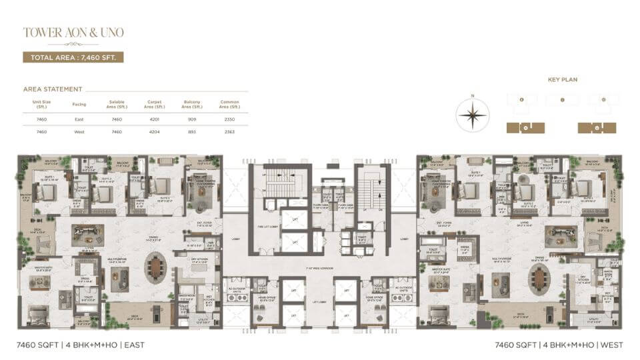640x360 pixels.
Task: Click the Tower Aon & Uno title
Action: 73,32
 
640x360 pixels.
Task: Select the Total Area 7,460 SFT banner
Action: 73,57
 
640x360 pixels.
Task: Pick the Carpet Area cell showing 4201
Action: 154,119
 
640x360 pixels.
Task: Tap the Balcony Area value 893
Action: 192,132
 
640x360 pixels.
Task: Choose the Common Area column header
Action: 230,105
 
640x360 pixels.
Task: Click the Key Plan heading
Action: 562,79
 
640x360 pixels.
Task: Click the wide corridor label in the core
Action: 320,268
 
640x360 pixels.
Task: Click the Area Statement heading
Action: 53,89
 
